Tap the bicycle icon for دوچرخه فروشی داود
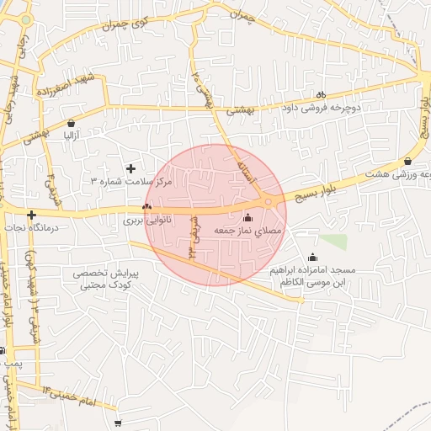pyautogui.click(x=320, y=95)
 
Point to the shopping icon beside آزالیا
pyautogui.click(x=72, y=123)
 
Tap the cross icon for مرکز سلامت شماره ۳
pyautogui.click(x=130, y=168)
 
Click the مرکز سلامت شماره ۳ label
pyautogui.click(x=131, y=181)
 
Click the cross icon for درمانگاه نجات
pyautogui.click(x=31, y=215)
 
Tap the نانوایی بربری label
pyautogui.click(x=147, y=220)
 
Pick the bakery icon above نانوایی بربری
pyautogui.click(x=147, y=206)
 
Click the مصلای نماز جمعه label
pyautogui.click(x=248, y=230)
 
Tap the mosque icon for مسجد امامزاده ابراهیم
pyautogui.click(x=314, y=258)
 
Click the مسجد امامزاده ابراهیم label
pyautogui.click(x=313, y=277)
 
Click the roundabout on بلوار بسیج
pyautogui.click(x=269, y=200)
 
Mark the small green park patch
pyautogui.click(x=333, y=242)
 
